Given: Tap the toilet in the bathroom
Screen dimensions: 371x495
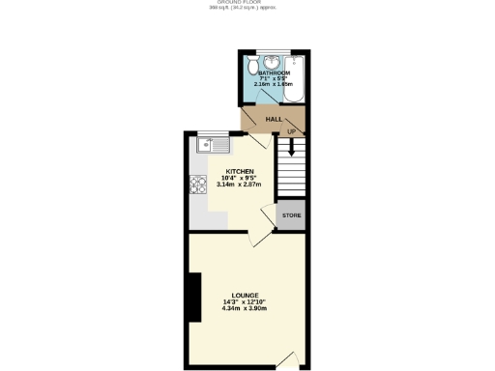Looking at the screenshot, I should coord(252,67).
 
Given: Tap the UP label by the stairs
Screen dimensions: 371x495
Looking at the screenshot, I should coord(291,130).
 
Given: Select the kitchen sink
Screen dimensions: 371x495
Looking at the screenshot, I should coord(211,146).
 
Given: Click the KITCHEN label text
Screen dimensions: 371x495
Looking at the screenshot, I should coord(240,172).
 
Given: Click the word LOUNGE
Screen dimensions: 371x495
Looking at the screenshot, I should coord(244,295).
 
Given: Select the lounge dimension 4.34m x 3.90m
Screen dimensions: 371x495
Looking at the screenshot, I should coord(244,308).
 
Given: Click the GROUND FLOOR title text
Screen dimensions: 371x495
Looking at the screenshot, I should coord(247,4).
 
